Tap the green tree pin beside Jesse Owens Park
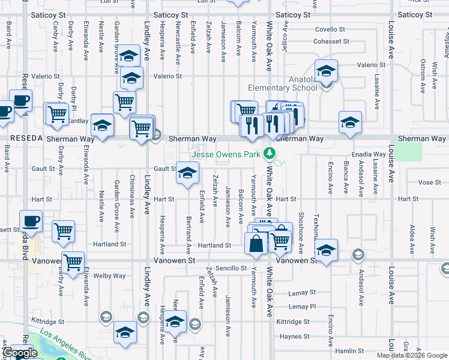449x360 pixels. (x=270, y=154)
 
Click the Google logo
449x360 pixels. (x=19, y=353)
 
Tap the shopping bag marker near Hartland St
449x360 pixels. (x=256, y=244)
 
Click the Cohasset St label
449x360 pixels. (x=331, y=41)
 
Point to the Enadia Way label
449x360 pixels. (x=369, y=154)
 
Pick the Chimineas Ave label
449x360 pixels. (x=131, y=198)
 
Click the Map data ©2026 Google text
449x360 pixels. (x=412, y=355)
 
